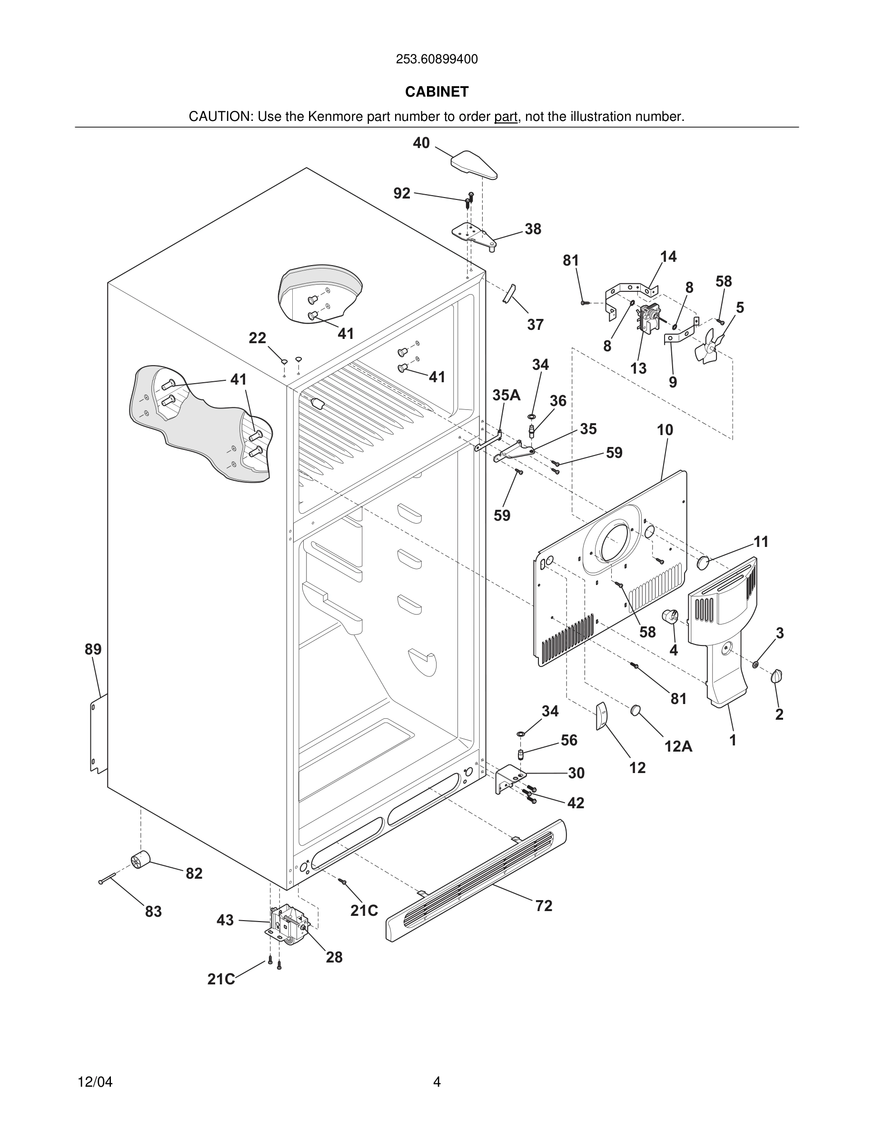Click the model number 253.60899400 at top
[437, 60]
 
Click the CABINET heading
[437, 92]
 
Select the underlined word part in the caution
[506, 117]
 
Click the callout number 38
[533, 229]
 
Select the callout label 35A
[506, 395]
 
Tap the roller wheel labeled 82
[140, 859]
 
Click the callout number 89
[93, 649]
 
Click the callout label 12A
[678, 746]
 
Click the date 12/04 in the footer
[95, 1082]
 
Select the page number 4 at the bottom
[437, 1082]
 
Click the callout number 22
[258, 338]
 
